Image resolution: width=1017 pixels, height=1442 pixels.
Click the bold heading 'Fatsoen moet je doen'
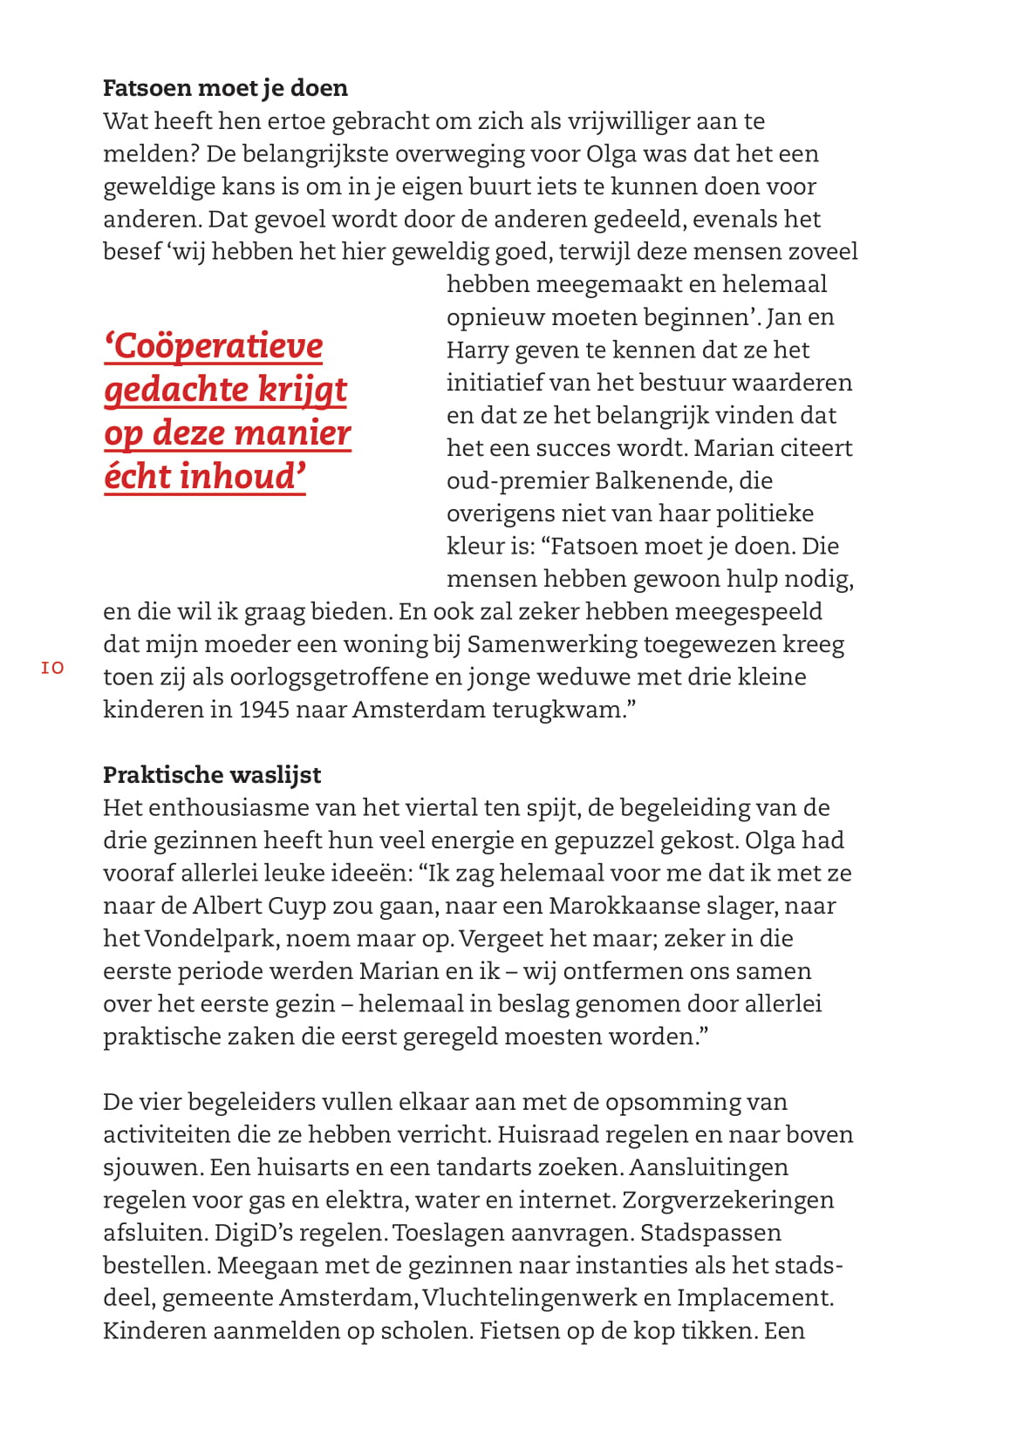pos(225,88)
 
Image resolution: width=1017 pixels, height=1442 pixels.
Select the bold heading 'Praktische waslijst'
pos(212,775)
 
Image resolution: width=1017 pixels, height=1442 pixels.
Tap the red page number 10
pos(52,669)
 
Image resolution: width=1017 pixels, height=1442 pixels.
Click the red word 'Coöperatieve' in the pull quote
pos(214,346)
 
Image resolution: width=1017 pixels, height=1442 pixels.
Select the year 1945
pos(263,710)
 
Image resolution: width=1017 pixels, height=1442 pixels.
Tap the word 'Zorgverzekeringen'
pos(727,1201)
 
